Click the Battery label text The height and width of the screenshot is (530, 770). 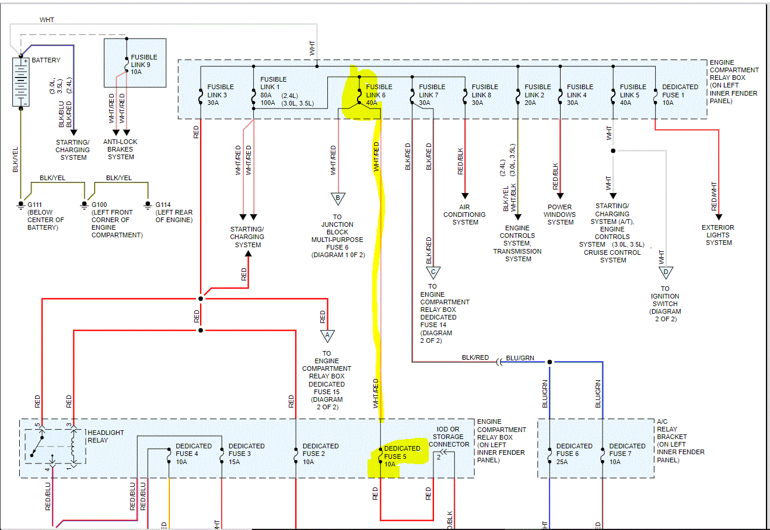(45, 60)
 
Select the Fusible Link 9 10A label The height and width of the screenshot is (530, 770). (144, 65)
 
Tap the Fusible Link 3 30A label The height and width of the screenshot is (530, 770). (220, 95)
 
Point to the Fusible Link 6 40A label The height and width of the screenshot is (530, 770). (379, 95)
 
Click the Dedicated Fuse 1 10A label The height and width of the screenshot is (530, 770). (680, 95)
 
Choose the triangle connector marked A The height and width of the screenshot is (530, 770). (327, 336)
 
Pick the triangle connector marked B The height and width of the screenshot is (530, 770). (338, 198)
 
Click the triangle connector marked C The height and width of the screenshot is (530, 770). (433, 272)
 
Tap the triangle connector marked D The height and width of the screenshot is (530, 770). (666, 272)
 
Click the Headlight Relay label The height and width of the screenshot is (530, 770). (105, 436)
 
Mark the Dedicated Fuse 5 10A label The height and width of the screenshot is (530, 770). (402, 456)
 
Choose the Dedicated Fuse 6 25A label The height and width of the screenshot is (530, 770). (574, 454)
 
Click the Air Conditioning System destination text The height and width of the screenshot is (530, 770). (464, 215)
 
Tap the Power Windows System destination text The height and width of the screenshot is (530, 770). (560, 215)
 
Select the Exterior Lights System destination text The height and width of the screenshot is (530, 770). (718, 235)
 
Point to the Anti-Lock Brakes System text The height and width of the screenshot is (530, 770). (121, 149)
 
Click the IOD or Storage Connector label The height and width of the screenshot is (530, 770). (449, 437)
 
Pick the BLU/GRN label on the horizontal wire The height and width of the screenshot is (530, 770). (520, 358)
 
